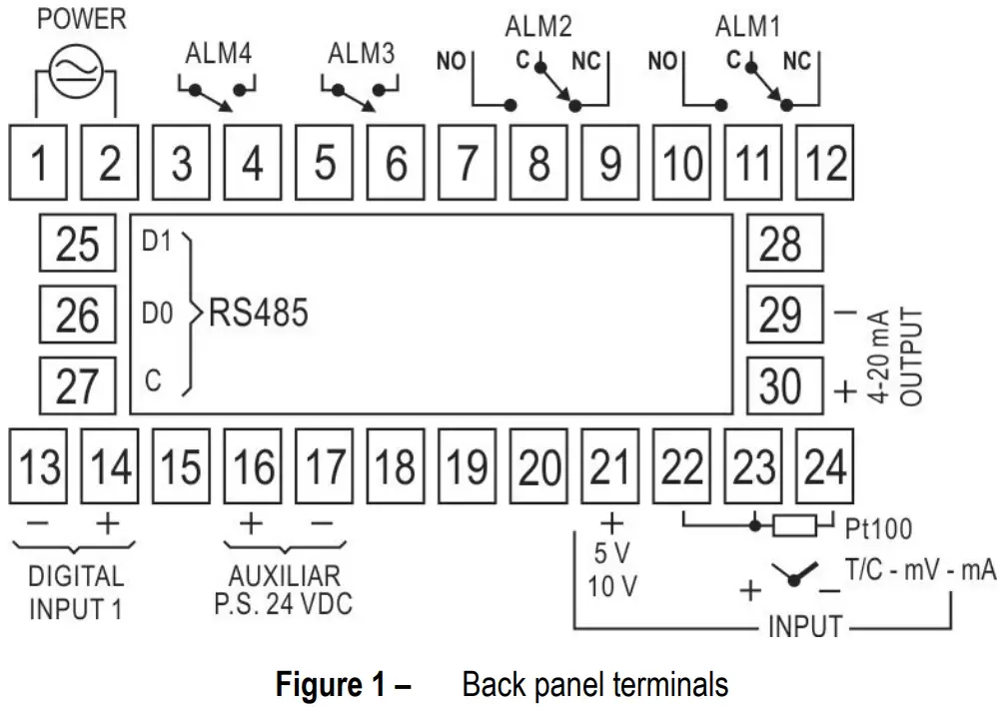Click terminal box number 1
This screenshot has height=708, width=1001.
pyautogui.click(x=38, y=162)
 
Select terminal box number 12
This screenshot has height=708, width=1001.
pyautogui.click(x=824, y=162)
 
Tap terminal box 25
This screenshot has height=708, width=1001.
pyautogui.click(x=77, y=244)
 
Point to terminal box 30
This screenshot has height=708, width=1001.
pyautogui.click(x=784, y=385)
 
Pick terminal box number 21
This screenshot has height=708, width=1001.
pyautogui.click(x=610, y=466)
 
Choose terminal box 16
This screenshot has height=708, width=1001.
pyautogui.click(x=253, y=466)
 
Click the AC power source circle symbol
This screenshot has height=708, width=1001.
pyautogui.click(x=76, y=71)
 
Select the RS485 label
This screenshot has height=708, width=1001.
pyautogui.click(x=259, y=313)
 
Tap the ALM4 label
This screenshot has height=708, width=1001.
pyautogui.click(x=219, y=54)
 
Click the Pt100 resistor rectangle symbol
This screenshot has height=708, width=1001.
pyautogui.click(x=794, y=526)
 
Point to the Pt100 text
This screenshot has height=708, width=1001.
pyautogui.click(x=878, y=528)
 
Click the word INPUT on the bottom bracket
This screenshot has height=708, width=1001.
pyautogui.click(x=805, y=626)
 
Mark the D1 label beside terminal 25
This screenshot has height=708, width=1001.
pyautogui.click(x=157, y=242)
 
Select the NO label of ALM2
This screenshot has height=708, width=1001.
pyautogui.click(x=451, y=61)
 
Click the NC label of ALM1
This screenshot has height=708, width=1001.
pyautogui.click(x=797, y=61)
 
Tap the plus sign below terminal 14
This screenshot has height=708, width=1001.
pyautogui.click(x=108, y=523)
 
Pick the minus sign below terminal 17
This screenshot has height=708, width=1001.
pyautogui.click(x=323, y=523)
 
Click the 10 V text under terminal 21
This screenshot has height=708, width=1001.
pyautogui.click(x=611, y=586)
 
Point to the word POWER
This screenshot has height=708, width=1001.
pyautogui.click(x=82, y=19)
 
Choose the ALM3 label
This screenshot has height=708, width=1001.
pyautogui.click(x=362, y=54)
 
